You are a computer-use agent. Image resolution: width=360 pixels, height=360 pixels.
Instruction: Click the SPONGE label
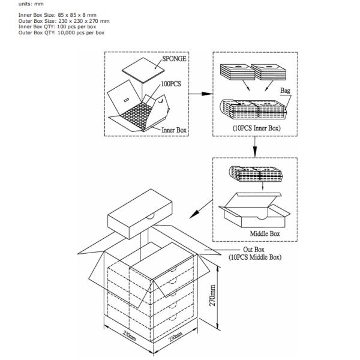pos(174,59)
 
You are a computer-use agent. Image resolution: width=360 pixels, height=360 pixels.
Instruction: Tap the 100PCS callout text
pos(171,84)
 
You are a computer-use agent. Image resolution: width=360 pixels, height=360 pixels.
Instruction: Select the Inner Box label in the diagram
pos(174,130)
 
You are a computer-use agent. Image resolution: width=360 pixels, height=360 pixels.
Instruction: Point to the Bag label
pos(285,91)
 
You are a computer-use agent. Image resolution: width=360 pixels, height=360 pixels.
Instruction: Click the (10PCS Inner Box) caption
pos(256,128)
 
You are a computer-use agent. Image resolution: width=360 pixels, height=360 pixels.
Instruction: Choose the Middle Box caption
pos(265,234)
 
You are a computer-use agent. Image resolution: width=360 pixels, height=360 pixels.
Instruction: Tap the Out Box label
pos(254,250)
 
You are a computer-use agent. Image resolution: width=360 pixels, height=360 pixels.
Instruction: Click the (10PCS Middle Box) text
pos(255,257)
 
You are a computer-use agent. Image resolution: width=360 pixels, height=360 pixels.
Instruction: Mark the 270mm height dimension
pos(212,295)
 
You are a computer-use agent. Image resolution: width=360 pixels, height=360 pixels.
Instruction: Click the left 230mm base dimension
pos(130,336)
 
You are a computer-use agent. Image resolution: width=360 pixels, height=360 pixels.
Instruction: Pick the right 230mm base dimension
pos(176,337)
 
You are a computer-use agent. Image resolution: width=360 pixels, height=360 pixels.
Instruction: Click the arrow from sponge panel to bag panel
pos(200,94)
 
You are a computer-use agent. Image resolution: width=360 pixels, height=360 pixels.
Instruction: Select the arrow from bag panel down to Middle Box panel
pos(255,147)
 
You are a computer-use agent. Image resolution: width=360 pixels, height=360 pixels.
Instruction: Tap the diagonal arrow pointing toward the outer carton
pos(201,209)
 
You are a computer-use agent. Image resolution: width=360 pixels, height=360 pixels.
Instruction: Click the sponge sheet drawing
pos(143,70)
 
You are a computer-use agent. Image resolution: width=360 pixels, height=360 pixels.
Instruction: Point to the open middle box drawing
pos(254,210)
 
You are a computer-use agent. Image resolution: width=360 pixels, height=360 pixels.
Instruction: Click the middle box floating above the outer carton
pos(140,214)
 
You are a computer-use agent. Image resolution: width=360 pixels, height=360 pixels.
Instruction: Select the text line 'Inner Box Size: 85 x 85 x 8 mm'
pos(58,15)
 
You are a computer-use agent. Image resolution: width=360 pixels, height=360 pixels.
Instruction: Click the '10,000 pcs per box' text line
pos(81,32)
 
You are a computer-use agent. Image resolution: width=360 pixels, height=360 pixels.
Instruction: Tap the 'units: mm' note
pos(31,4)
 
